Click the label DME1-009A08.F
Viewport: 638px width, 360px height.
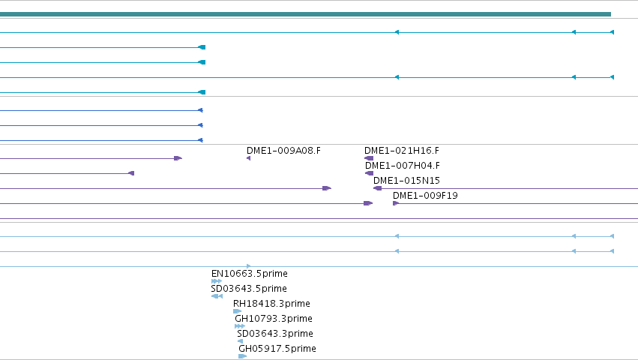pos(283,151)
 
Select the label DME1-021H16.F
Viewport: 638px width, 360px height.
pos(402,151)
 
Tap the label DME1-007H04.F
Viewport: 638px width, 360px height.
pos(403,166)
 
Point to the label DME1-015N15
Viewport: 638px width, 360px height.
pos(406,181)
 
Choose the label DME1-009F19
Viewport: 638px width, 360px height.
pos(425,196)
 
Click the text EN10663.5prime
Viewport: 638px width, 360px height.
pos(250,274)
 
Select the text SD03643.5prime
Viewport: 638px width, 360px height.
pos(249,289)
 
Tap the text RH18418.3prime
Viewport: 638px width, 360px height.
pos(271,304)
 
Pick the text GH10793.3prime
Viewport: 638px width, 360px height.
pos(274,319)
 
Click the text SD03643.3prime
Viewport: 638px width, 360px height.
pos(275,334)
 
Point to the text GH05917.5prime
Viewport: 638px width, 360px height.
pos(277,349)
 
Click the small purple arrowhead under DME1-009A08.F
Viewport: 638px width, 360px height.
pos(249,158)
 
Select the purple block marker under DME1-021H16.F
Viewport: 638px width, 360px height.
pos(369,158)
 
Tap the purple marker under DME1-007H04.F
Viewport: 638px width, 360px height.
pos(369,173)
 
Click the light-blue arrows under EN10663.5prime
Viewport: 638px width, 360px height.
pos(217,281)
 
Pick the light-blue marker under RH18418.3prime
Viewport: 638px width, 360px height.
pos(237,311)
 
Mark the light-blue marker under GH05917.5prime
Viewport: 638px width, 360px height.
pos(242,356)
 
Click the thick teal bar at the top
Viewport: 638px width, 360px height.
pos(305,14)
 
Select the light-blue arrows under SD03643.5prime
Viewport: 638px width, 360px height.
pos(217,296)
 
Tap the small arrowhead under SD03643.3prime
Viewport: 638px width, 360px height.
pos(240,341)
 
